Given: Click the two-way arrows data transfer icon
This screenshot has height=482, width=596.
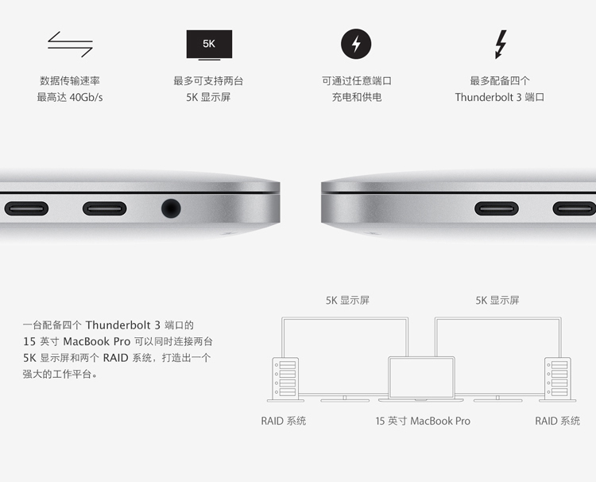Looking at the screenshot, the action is (70, 44).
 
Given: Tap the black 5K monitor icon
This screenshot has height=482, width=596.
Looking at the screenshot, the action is (209, 45).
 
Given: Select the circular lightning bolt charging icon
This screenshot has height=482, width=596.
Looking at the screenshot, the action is (356, 44).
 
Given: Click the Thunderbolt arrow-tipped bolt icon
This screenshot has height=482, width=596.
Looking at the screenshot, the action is (501, 44).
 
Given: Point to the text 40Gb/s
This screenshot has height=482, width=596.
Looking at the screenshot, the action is (86, 97).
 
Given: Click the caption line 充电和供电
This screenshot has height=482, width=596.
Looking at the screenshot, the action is (357, 97).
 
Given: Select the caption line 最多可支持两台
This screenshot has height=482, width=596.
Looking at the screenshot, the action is (208, 80).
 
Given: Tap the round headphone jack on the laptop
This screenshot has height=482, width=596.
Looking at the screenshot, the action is (171, 208).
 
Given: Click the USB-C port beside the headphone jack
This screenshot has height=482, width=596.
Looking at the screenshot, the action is (105, 208).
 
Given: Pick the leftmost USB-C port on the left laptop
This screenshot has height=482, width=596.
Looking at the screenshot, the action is (26, 208).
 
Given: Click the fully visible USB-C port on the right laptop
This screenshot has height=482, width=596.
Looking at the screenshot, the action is (497, 208).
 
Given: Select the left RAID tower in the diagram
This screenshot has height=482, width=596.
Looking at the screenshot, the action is (285, 379).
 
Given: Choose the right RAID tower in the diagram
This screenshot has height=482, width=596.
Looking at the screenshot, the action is (558, 379).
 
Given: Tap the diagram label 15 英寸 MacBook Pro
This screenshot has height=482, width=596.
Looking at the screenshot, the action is (423, 421).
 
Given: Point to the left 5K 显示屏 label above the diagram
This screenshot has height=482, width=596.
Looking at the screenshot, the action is (347, 301).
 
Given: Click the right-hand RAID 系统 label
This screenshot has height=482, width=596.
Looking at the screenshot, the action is (557, 421).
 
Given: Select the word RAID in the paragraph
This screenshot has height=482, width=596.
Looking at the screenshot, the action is (115, 358).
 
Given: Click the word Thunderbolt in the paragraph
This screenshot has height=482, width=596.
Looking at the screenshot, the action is (118, 325).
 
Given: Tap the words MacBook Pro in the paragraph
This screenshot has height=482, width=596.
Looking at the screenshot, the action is (96, 342).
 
